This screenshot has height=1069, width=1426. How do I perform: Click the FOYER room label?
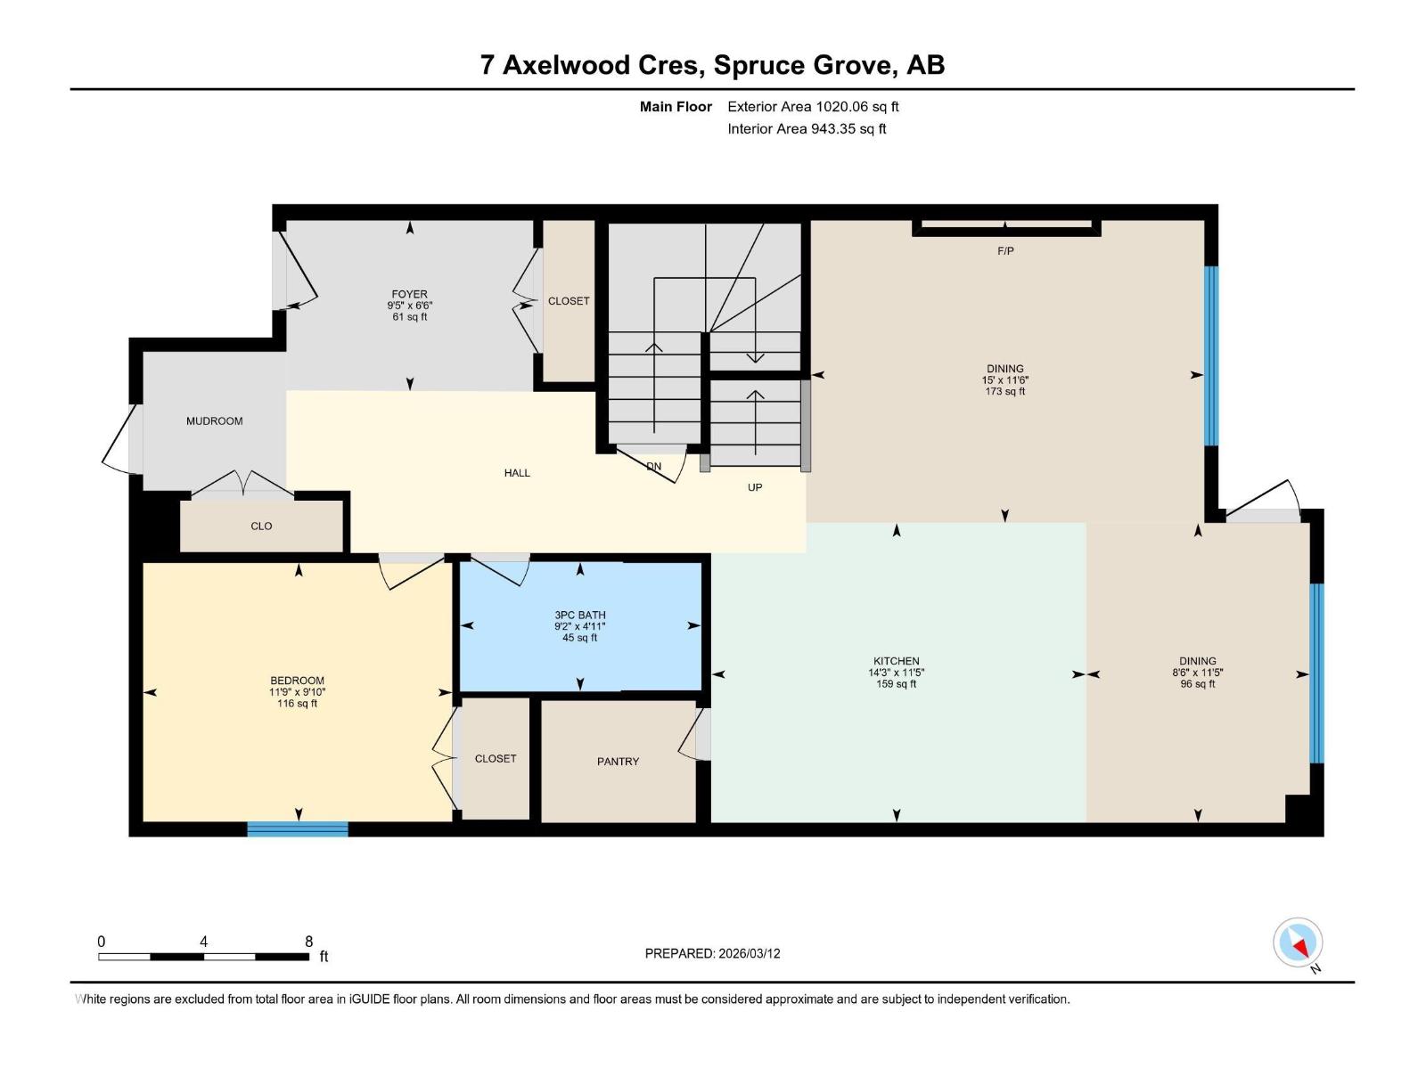[x=409, y=294]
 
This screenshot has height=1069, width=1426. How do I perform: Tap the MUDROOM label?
[x=215, y=421]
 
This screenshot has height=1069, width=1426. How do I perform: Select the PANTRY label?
[x=618, y=762]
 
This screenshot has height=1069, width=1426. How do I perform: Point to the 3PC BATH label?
[x=580, y=615]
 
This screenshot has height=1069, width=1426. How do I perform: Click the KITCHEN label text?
[x=897, y=661]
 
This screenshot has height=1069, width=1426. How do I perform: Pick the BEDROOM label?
[x=298, y=681]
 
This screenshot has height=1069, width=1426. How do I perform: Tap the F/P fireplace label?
[x=1005, y=250]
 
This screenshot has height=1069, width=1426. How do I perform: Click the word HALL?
[x=517, y=473]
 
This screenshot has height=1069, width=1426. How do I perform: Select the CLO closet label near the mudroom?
[x=261, y=526]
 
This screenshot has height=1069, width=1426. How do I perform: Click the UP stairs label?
[x=755, y=487]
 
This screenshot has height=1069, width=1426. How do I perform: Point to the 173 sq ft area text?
[x=1005, y=391]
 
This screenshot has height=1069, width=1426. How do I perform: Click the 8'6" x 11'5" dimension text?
[x=1198, y=673]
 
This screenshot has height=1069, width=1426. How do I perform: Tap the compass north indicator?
[x=1298, y=943]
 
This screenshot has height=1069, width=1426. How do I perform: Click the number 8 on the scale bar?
[x=308, y=941]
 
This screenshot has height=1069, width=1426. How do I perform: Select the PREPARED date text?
[x=713, y=953]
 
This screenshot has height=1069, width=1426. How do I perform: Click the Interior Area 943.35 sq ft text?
[x=807, y=128]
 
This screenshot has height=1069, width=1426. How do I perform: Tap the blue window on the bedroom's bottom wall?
[x=298, y=828]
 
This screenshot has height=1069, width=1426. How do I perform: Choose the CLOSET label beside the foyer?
[x=569, y=301]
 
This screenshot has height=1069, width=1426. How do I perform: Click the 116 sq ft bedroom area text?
[x=298, y=704]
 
